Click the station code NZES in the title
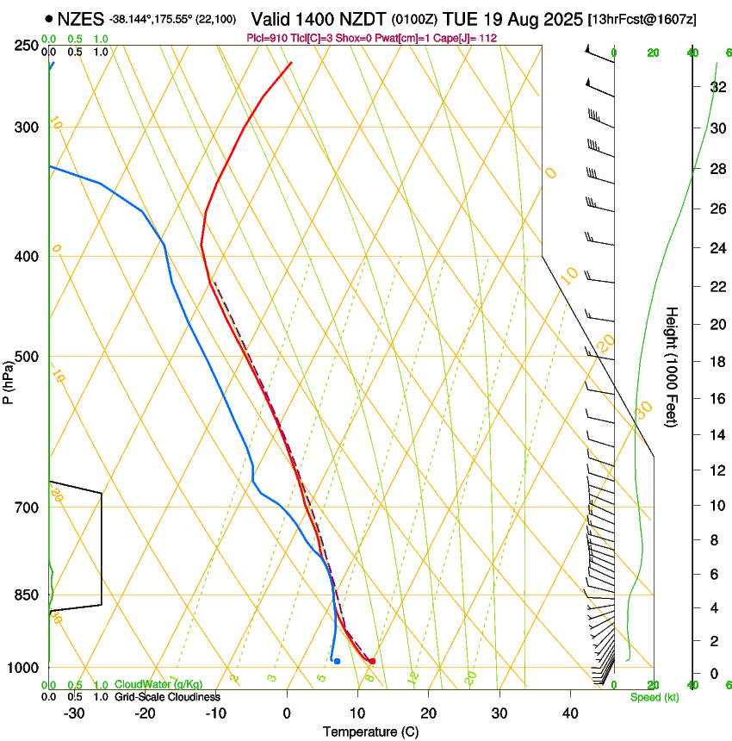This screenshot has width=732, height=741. pyautogui.click(x=80, y=17)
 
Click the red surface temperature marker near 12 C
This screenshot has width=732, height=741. pyautogui.click(x=372, y=661)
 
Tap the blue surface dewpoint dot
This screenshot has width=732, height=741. pyautogui.click(x=337, y=661)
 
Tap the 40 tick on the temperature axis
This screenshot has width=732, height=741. pyautogui.click(x=569, y=713)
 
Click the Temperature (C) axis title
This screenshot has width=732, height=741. pyautogui.click(x=370, y=732)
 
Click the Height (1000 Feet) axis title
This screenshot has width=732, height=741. pyautogui.click(x=672, y=366)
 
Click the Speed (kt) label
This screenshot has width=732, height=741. pyautogui.click(x=654, y=697)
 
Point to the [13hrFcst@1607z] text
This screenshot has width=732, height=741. pyautogui.click(x=642, y=18)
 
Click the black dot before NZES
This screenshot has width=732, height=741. pyautogui.click(x=48, y=17)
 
